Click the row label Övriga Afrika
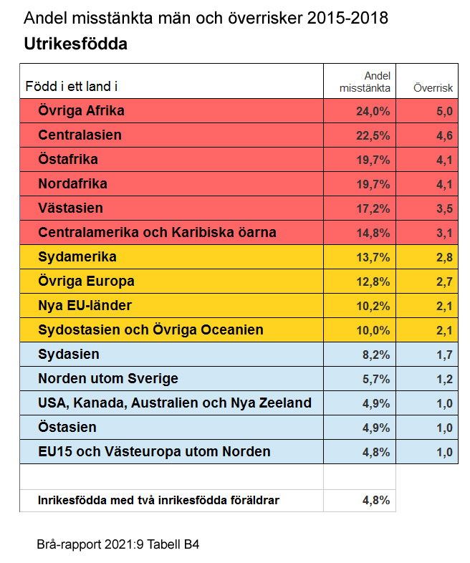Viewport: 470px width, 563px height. coord(81,111)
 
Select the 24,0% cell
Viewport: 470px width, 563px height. coord(373,111)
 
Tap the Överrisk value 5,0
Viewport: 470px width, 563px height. coord(444,111)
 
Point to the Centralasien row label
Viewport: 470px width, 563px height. coord(80,135)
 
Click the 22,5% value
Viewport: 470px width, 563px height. coord(373,135)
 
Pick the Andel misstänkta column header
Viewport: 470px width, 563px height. coord(365,82)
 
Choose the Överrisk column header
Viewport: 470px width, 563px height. coord(433,88)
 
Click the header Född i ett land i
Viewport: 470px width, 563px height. coord(72,87)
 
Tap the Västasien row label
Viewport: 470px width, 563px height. coord(70,208)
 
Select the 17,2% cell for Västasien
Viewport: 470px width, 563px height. coord(373,208)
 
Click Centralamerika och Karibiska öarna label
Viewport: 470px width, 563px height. coord(157,233)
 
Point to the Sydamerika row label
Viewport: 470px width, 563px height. coord(77,257)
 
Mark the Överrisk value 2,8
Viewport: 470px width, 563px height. coord(444,257)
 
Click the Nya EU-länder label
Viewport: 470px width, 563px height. coord(85,306)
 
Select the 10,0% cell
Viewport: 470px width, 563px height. coord(373,330)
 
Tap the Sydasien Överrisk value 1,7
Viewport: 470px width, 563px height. coord(444,355)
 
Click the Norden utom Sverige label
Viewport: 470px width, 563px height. coord(108,379)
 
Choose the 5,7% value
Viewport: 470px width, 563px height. coord(375,379)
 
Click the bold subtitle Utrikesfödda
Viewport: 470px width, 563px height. coord(75,44)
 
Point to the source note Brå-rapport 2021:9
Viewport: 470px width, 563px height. coord(117,544)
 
